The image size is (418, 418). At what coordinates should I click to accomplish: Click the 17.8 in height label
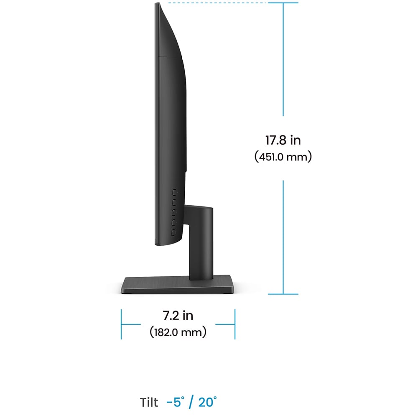pyautogui.click(x=283, y=140)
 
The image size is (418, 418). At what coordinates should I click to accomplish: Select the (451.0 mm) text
pyautogui.click(x=283, y=158)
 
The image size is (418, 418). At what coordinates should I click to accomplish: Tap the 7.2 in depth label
pyautogui.click(x=178, y=315)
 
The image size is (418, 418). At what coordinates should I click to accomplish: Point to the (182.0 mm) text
pyautogui.click(x=178, y=333)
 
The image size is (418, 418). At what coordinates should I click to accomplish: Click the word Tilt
pyautogui.click(x=149, y=403)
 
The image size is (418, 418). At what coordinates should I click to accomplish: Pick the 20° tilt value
pyautogui.click(x=207, y=403)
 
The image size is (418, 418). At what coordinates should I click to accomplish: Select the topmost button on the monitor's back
pyautogui.click(x=173, y=193)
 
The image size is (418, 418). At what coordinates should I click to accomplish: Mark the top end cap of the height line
pyautogui.click(x=283, y=3)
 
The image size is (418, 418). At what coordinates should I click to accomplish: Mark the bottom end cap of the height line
pyautogui.click(x=283, y=294)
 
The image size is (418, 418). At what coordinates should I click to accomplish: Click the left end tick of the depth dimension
pyautogui.click(x=121, y=324)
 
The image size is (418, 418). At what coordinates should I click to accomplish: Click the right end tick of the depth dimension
pyautogui.click(x=235, y=324)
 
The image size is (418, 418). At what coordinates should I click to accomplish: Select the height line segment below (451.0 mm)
pyautogui.click(x=283, y=236)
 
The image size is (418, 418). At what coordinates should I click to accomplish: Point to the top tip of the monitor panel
pyautogui.click(x=158, y=4)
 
